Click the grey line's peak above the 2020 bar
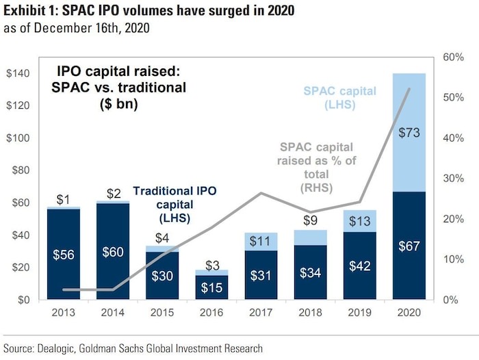coord(410,89)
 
